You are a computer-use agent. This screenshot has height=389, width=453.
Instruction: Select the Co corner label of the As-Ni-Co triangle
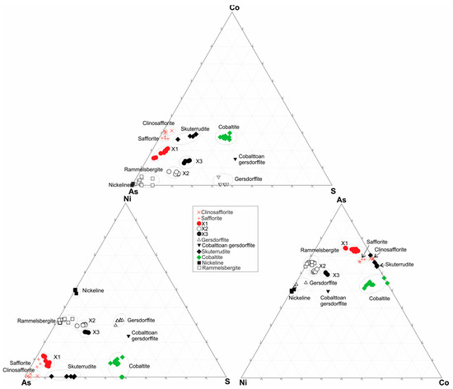(446, 382)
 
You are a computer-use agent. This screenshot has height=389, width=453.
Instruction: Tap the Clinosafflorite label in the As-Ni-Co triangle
(391, 248)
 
